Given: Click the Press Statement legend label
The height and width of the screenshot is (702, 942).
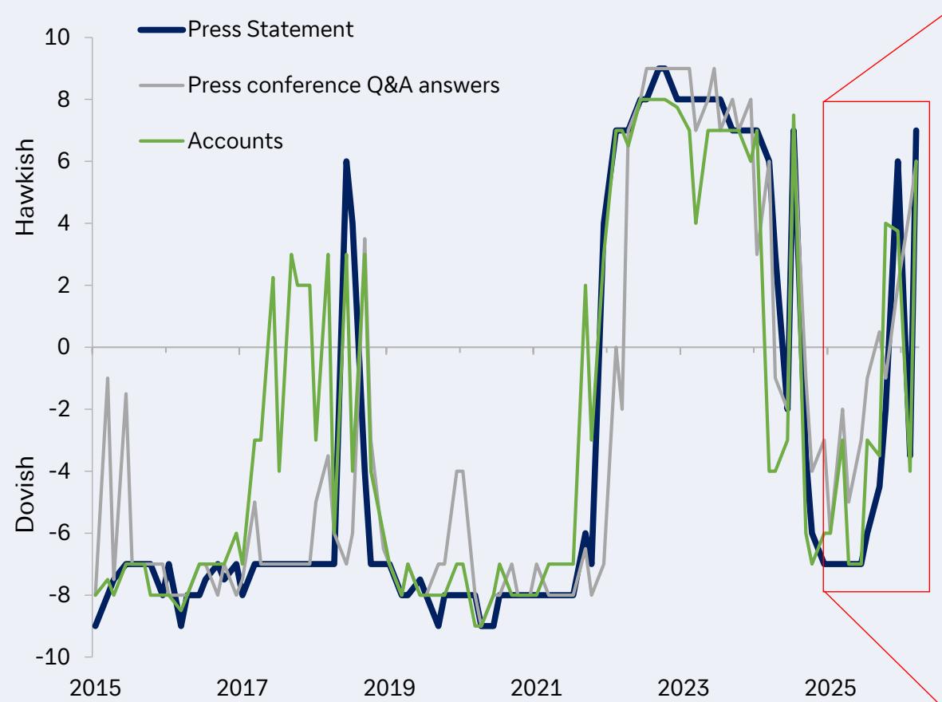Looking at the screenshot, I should point(270,31).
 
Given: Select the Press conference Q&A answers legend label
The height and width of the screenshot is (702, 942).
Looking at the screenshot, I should point(344,85).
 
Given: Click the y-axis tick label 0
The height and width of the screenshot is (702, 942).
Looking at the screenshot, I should point(70,348).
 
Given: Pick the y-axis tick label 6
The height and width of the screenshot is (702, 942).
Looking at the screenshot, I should point(70,162).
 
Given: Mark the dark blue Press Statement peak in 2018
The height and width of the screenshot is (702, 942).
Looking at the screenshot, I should point(346,162).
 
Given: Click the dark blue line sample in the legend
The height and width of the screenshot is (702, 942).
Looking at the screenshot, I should point(162,31).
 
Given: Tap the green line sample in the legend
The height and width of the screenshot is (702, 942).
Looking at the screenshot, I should point(162,140).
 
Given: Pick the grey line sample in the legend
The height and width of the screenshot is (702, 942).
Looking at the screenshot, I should point(162,85).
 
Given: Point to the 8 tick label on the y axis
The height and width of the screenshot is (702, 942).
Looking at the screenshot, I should point(70,100).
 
